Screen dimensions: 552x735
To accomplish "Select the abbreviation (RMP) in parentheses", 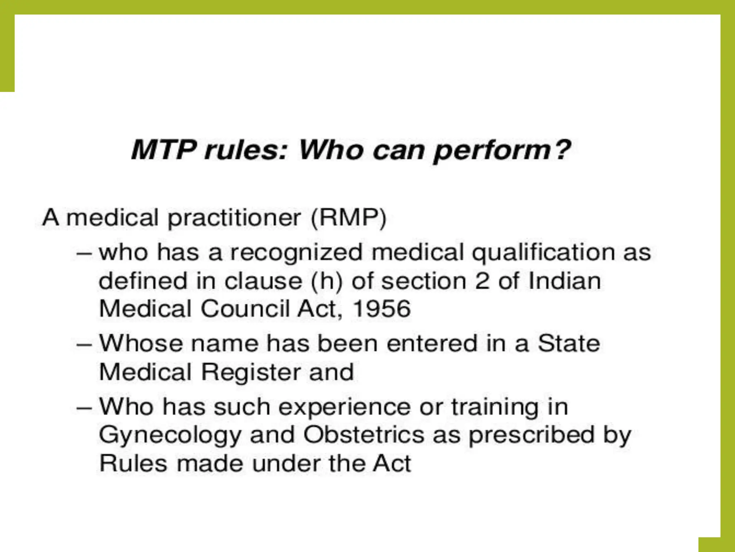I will pyautogui.click(x=348, y=218).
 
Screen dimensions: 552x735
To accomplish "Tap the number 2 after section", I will pyautogui.click(x=482, y=281).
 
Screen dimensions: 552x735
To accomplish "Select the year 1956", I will pyautogui.click(x=381, y=309).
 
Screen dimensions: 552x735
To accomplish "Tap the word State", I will pyautogui.click(x=568, y=343).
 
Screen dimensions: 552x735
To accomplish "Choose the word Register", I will pyautogui.click(x=251, y=372).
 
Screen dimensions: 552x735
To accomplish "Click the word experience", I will pyautogui.click(x=344, y=408).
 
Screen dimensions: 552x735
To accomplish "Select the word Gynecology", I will pyautogui.click(x=170, y=436).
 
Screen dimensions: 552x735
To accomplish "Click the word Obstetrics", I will pyautogui.click(x=364, y=435).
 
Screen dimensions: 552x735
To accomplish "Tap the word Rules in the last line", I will pyautogui.click(x=133, y=463).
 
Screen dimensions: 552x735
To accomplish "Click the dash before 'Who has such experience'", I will pyautogui.click(x=84, y=408).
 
